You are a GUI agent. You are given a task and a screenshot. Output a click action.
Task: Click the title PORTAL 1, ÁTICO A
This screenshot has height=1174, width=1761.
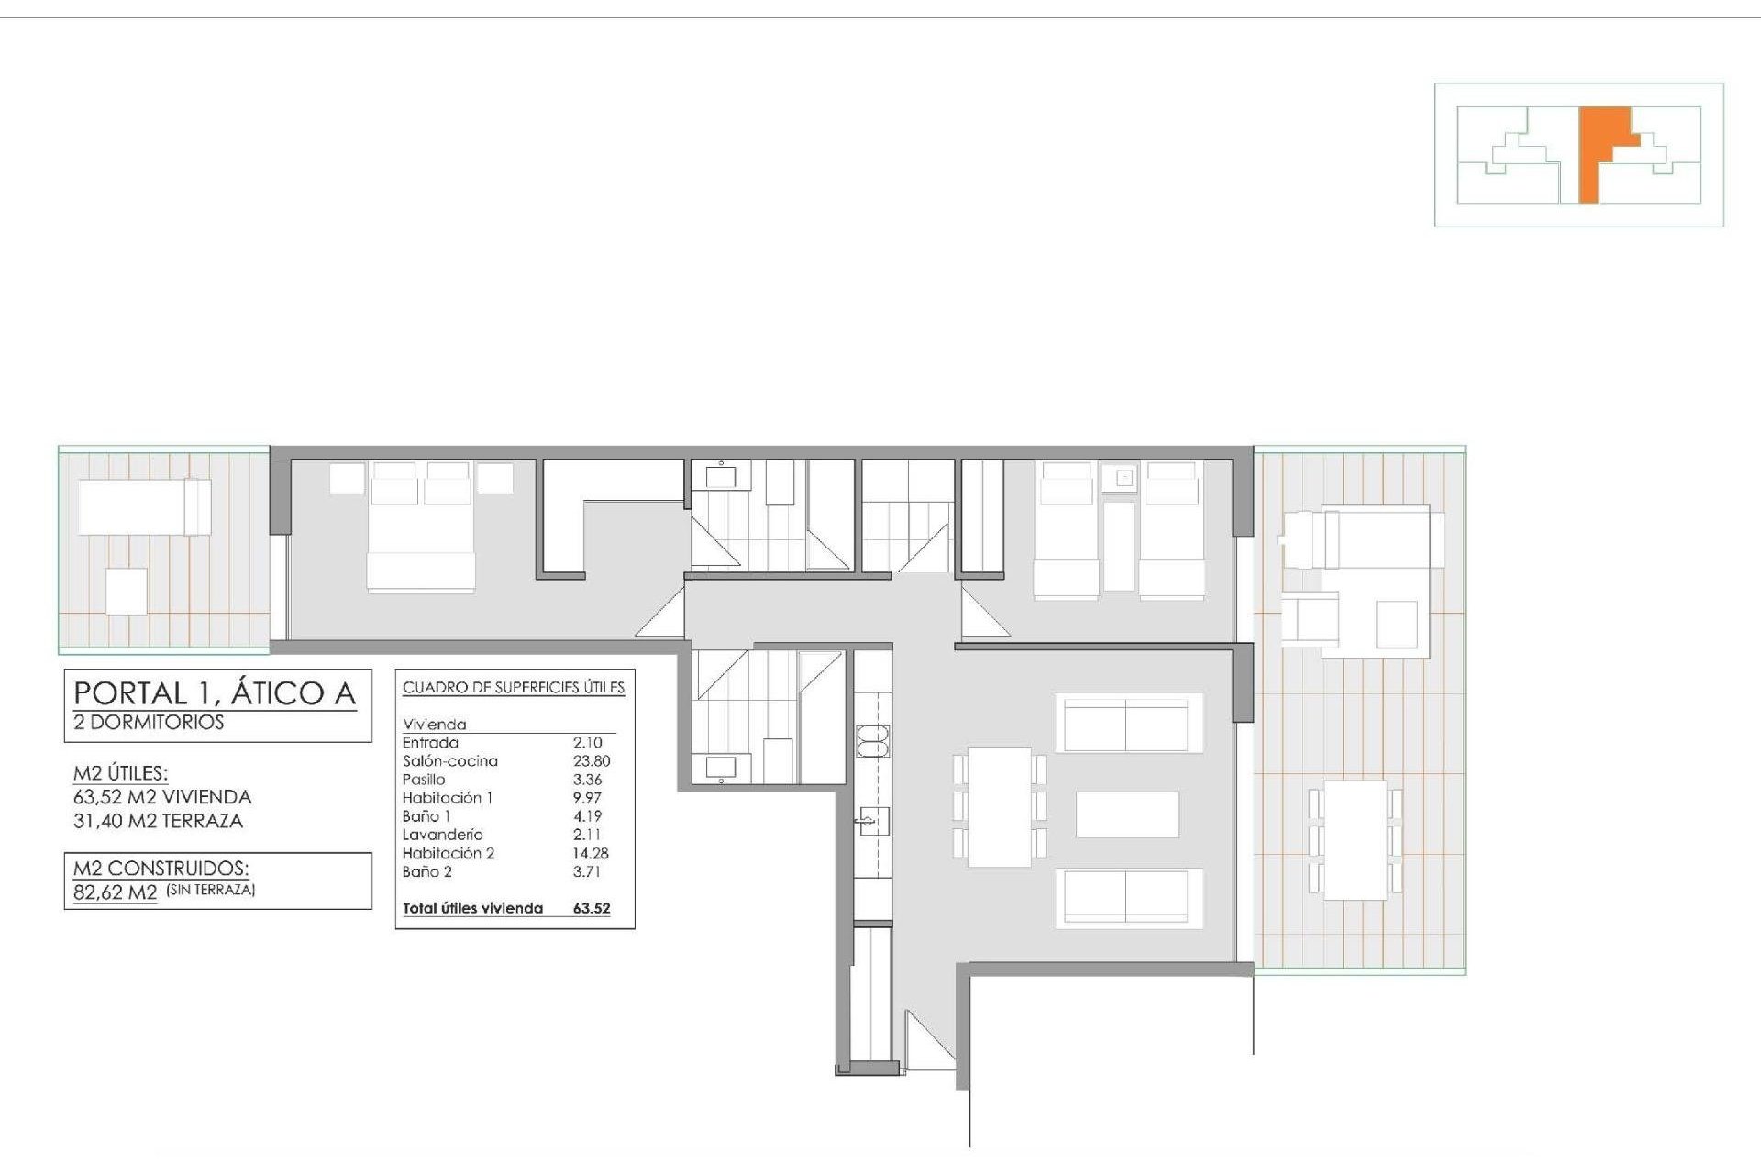click(215, 692)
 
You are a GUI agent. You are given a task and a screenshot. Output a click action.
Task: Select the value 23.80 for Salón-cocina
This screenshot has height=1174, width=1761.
click(592, 761)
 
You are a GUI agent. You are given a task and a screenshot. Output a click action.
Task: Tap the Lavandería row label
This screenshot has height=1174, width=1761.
click(442, 835)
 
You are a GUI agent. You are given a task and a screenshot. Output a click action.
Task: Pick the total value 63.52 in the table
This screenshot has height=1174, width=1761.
click(592, 908)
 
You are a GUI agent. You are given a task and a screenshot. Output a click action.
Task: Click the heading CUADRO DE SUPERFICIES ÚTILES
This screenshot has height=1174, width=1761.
click(514, 687)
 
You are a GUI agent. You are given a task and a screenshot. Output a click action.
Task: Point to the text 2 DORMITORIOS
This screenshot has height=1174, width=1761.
click(149, 722)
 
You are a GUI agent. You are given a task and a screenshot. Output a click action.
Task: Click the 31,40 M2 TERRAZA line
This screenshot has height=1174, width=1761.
click(158, 821)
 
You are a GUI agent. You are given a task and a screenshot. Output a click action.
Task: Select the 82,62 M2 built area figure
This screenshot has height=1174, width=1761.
click(116, 892)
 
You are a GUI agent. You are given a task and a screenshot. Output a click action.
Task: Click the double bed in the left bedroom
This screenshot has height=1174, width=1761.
click(421, 526)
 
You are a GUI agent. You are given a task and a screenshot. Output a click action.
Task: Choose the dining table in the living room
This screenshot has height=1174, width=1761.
click(1000, 807)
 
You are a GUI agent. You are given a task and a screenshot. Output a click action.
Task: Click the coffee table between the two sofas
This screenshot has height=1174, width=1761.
click(1126, 814)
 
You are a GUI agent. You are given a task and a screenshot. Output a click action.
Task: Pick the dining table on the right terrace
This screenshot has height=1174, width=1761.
click(1356, 839)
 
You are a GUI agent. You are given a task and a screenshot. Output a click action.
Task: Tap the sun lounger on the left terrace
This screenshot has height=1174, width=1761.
click(145, 507)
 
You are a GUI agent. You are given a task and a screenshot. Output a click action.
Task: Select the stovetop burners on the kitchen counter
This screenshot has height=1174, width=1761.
click(873, 740)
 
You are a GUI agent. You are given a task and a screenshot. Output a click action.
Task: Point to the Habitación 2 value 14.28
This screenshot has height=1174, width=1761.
click(591, 853)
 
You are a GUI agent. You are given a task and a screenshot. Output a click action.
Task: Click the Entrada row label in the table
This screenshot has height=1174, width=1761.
click(430, 743)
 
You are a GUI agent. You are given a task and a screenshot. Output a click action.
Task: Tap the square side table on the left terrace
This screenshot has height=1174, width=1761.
click(127, 592)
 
